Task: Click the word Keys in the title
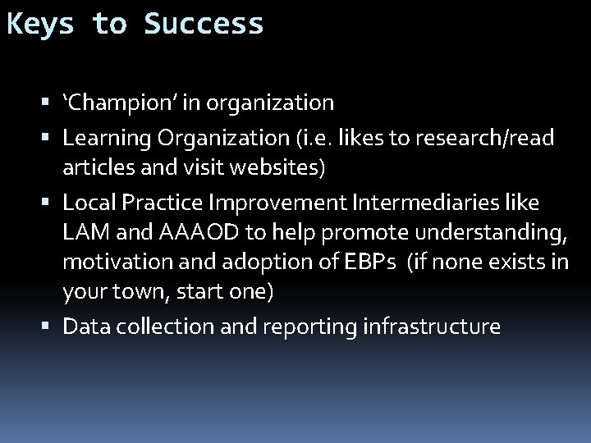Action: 41,24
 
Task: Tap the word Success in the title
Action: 204,24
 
